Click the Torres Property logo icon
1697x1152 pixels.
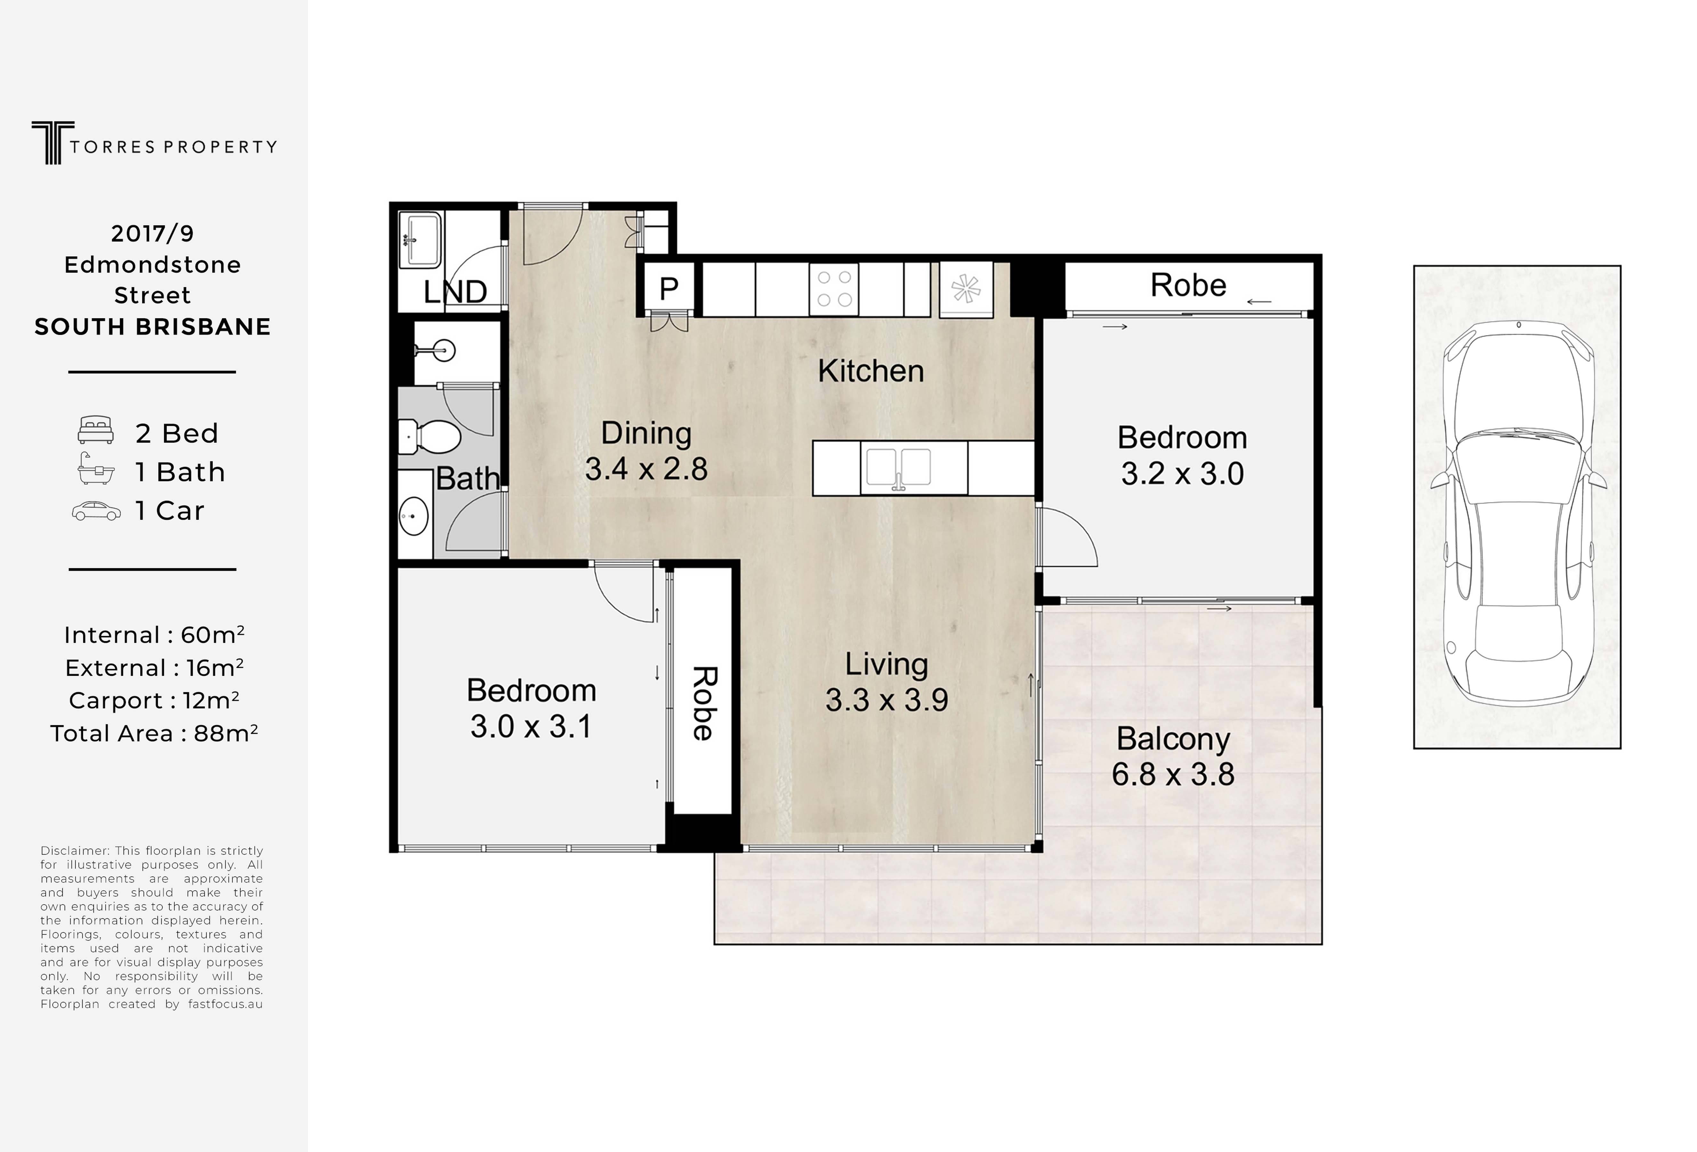[53, 142]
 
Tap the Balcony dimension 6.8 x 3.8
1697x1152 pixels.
[1173, 774]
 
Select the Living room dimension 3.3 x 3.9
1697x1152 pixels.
[886, 700]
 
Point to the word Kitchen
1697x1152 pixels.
[870, 371]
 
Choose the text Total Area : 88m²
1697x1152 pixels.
[154, 733]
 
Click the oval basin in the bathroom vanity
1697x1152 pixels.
[413, 517]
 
